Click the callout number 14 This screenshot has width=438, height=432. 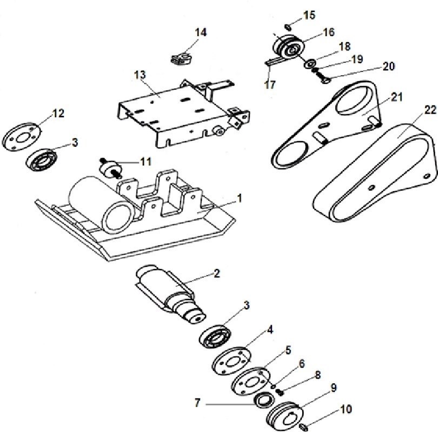point(200,32)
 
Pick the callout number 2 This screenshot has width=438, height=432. point(216,273)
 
